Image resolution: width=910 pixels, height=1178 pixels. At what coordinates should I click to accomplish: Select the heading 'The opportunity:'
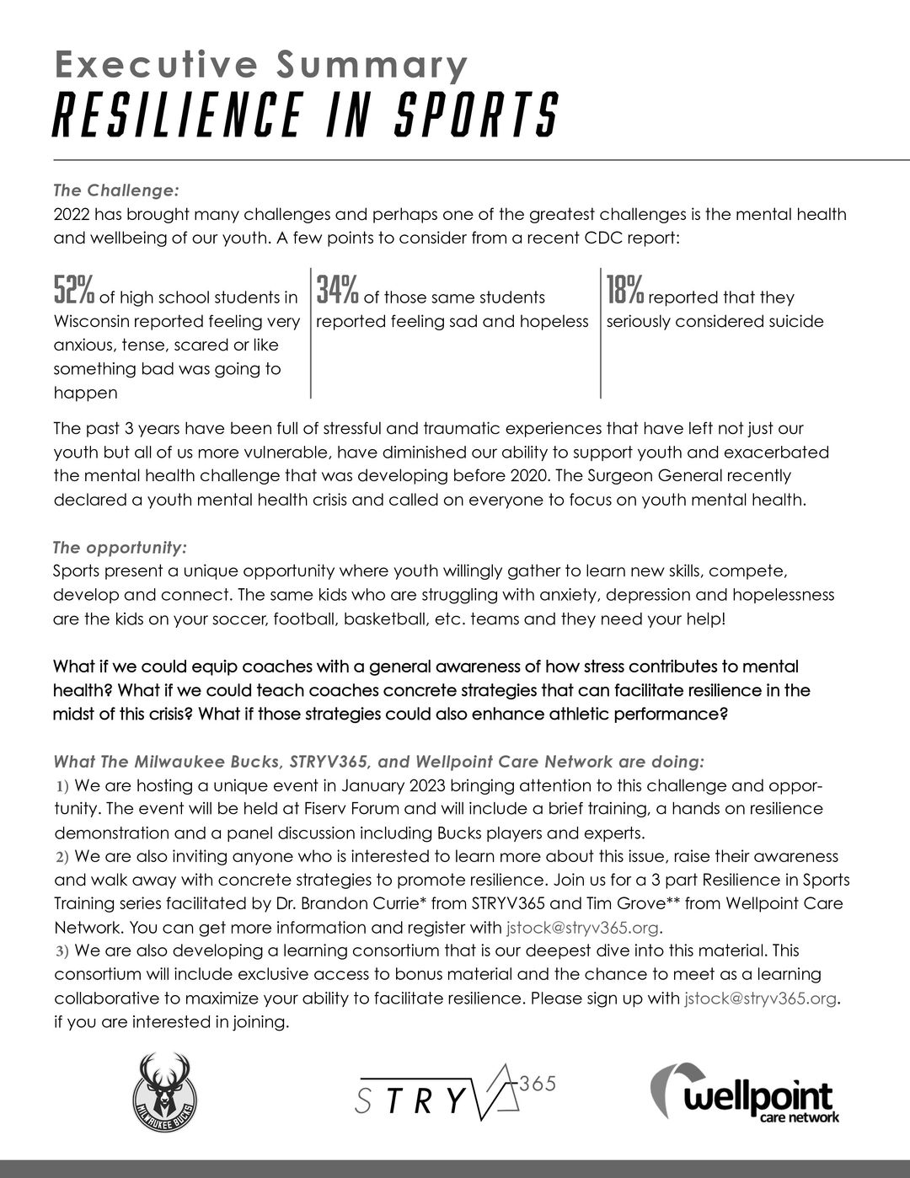click(120, 548)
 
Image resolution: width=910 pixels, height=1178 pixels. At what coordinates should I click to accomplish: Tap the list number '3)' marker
click(62, 951)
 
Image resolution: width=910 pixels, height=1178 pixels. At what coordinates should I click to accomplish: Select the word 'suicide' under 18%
click(792, 322)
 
